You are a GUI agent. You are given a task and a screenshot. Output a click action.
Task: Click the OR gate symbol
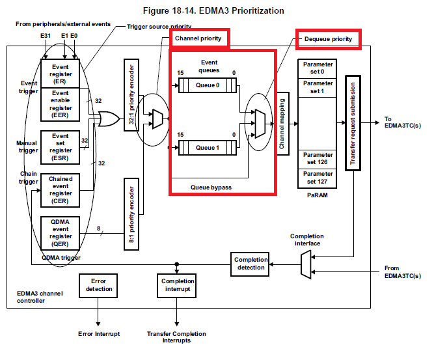coord(107,119)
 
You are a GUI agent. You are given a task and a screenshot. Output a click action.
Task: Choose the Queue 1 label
coord(208,148)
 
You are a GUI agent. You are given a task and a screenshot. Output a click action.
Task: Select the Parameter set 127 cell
coord(318,177)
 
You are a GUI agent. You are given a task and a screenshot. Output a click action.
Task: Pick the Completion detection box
coord(251,264)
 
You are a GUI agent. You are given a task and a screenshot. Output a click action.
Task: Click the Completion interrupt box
coord(178,285)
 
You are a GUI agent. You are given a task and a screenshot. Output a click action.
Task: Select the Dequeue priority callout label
coord(328,39)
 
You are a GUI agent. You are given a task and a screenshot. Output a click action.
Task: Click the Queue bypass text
coord(211,187)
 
